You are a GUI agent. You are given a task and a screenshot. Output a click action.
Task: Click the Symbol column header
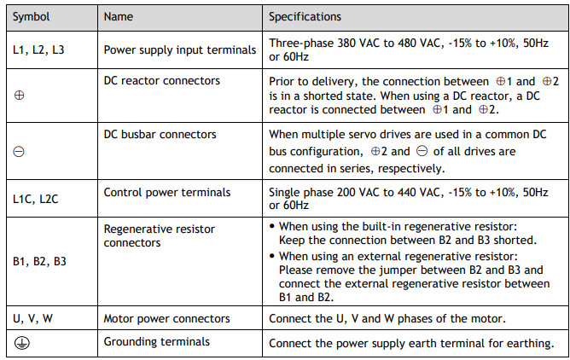tap(32, 17)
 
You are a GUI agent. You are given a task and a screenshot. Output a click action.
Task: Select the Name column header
tap(119, 17)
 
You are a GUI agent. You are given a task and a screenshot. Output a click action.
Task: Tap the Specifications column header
tap(305, 17)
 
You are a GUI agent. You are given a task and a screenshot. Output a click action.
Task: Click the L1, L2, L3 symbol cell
tap(38, 49)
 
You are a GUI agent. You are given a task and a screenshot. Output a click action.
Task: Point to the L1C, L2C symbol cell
tap(36, 199)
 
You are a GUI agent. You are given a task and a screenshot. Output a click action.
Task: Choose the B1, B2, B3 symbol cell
tap(39, 261)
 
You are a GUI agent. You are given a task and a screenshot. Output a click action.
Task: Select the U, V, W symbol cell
tap(32, 318)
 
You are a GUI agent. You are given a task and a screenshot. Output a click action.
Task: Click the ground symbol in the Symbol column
tap(22, 343)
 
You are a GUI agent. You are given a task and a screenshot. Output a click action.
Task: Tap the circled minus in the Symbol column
tap(19, 152)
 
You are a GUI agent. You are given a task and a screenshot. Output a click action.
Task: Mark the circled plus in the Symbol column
tap(19, 96)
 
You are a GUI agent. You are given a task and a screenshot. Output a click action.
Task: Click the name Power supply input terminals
tap(180, 50)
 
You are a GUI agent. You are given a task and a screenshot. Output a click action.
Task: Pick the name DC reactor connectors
tap(162, 81)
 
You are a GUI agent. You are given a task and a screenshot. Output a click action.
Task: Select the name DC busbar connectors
tap(160, 135)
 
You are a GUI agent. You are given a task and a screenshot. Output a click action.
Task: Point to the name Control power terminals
tap(167, 193)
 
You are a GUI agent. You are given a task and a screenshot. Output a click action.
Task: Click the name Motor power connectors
tap(167, 319)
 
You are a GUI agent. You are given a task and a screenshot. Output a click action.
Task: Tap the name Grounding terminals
tap(157, 342)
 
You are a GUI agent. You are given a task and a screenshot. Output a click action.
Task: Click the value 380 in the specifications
tap(346, 44)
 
